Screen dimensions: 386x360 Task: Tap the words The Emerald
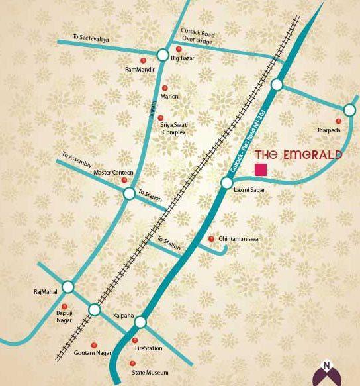298,155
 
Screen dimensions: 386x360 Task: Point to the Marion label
169,97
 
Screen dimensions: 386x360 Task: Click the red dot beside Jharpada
338,121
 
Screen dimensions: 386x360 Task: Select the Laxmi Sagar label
248,190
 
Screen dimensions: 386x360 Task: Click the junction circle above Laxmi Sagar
227,183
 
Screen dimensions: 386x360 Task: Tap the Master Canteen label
113,173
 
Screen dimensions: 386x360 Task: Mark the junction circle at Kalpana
140,322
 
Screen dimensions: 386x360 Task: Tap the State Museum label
150,373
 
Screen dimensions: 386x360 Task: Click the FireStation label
148,348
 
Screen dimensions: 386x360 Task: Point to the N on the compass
326,364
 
